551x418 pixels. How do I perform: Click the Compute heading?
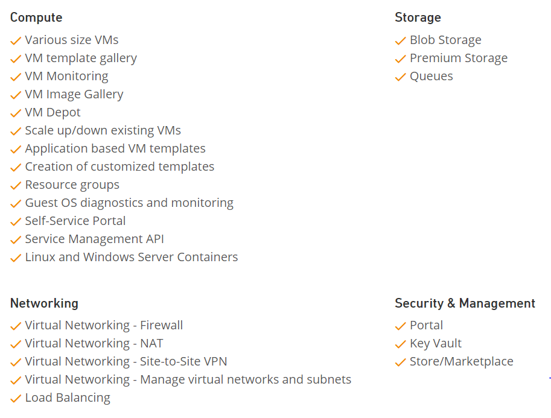[x=36, y=17]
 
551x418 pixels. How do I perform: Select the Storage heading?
[x=418, y=17]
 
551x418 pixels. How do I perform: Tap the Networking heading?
[x=44, y=303]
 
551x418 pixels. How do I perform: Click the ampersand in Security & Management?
[x=451, y=303]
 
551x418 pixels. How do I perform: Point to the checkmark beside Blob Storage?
[x=400, y=41]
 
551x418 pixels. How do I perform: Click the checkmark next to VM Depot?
[x=16, y=113]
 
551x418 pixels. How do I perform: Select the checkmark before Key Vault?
[x=400, y=344]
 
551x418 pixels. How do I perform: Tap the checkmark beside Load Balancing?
[x=16, y=398]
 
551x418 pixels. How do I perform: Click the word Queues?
[x=431, y=77]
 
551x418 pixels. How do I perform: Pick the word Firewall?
[x=161, y=325]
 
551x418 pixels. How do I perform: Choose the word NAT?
[x=151, y=344]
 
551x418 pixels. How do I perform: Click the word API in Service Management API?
[x=155, y=239]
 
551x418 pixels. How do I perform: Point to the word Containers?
[x=208, y=257]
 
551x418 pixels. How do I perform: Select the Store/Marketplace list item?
[x=462, y=361]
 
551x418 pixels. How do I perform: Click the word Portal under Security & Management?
[x=426, y=325]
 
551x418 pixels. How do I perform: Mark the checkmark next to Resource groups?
[x=16, y=185]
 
